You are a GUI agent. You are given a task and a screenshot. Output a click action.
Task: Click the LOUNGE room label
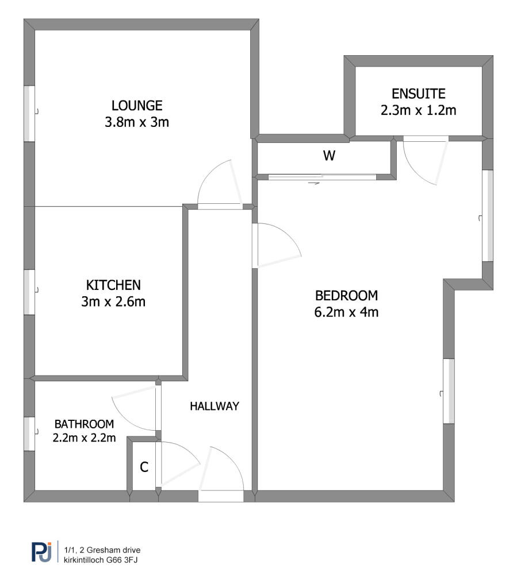137,106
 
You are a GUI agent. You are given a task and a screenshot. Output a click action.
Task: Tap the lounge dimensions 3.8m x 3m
137,122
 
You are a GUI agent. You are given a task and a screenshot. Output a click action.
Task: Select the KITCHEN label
113,285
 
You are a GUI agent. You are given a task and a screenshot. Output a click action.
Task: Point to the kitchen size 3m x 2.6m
113,301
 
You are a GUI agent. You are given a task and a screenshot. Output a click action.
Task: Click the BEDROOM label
347,296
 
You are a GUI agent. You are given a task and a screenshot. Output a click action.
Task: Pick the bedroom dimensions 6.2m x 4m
347,312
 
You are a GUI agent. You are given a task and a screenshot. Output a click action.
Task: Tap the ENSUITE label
419,94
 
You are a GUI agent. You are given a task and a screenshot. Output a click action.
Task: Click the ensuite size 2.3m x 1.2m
419,110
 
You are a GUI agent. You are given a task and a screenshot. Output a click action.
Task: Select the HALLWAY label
215,406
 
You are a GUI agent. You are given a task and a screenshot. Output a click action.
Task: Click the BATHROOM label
84,424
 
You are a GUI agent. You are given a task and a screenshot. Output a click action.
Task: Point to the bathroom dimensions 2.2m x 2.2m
84,438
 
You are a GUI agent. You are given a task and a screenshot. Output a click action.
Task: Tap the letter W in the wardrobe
330,155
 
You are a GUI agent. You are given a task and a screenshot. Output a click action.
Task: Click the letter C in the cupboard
144,467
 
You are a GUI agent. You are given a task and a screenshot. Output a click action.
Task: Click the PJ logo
41,552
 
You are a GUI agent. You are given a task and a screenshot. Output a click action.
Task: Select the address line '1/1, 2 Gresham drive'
102,550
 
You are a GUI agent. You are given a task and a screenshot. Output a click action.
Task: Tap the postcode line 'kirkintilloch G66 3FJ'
101,560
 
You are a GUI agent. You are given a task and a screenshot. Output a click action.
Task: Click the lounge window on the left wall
29,114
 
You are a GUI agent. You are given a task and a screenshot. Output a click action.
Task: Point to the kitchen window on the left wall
29,292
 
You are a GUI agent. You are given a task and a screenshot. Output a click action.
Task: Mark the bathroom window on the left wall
29,434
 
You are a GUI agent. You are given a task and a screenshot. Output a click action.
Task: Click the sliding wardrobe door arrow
314,183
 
